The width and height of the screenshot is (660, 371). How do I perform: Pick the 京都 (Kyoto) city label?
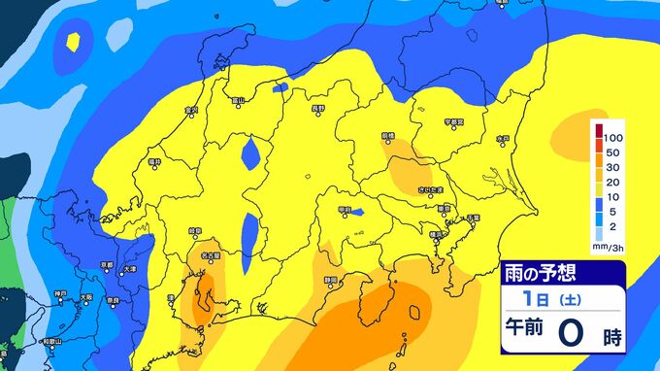[x=107, y=264]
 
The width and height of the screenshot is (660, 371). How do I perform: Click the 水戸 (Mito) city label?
[x=503, y=140]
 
